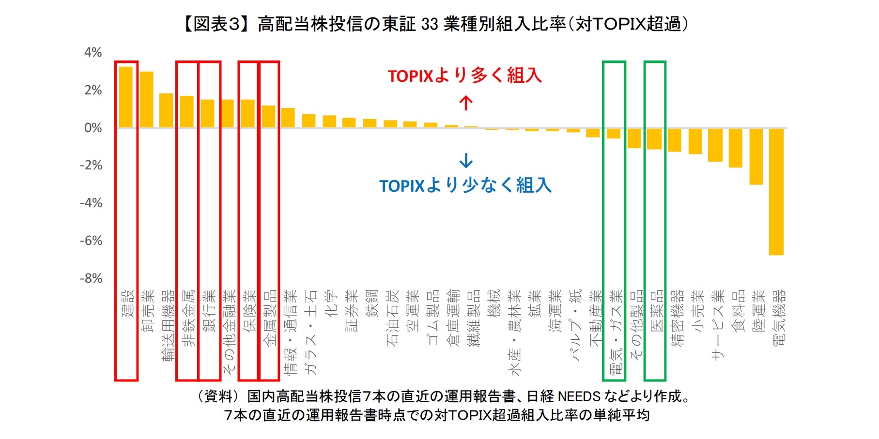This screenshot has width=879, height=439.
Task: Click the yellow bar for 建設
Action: pos(126,97)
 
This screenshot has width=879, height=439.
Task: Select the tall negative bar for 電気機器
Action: pos(776,191)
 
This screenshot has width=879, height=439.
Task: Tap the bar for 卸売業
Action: pos(147,100)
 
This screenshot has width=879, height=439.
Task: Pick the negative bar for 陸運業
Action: pos(756,156)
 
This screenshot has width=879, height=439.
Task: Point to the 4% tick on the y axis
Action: pos(93,52)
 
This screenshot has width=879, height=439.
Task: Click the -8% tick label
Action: pos(92,279)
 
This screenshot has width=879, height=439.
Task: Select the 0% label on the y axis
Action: pos(93,128)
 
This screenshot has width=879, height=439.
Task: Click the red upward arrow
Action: pos(465,103)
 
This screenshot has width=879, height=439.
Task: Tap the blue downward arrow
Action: pos(465,160)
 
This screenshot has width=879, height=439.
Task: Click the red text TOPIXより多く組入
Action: pos(464,76)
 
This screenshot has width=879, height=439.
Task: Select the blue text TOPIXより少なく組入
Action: pos(465,185)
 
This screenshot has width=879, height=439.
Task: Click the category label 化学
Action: pos(331,303)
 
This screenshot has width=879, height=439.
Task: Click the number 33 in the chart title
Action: pos(429,24)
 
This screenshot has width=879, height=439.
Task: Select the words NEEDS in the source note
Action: pos(579,396)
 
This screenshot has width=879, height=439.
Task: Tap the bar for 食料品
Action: pos(735,148)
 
